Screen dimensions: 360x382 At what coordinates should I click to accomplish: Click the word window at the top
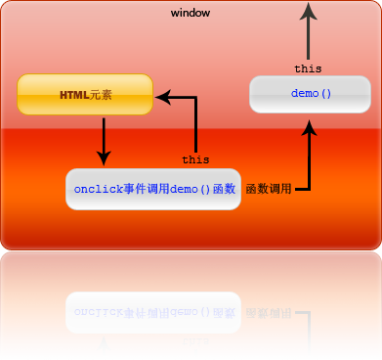190,13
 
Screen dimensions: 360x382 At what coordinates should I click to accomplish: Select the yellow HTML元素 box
86,95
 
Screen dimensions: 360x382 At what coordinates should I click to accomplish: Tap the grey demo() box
311,95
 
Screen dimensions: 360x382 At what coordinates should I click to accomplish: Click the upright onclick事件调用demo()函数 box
153,189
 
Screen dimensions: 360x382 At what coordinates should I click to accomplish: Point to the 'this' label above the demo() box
308,68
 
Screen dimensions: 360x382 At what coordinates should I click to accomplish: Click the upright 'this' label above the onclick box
195,158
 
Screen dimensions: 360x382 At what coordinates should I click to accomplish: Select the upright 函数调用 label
269,189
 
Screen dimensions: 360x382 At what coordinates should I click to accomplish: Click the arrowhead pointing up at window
309,12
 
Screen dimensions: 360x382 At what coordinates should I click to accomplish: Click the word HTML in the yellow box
74,95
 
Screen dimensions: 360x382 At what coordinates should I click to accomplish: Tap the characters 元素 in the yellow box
101,95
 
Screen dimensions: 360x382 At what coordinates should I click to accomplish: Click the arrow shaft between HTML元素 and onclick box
104,132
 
